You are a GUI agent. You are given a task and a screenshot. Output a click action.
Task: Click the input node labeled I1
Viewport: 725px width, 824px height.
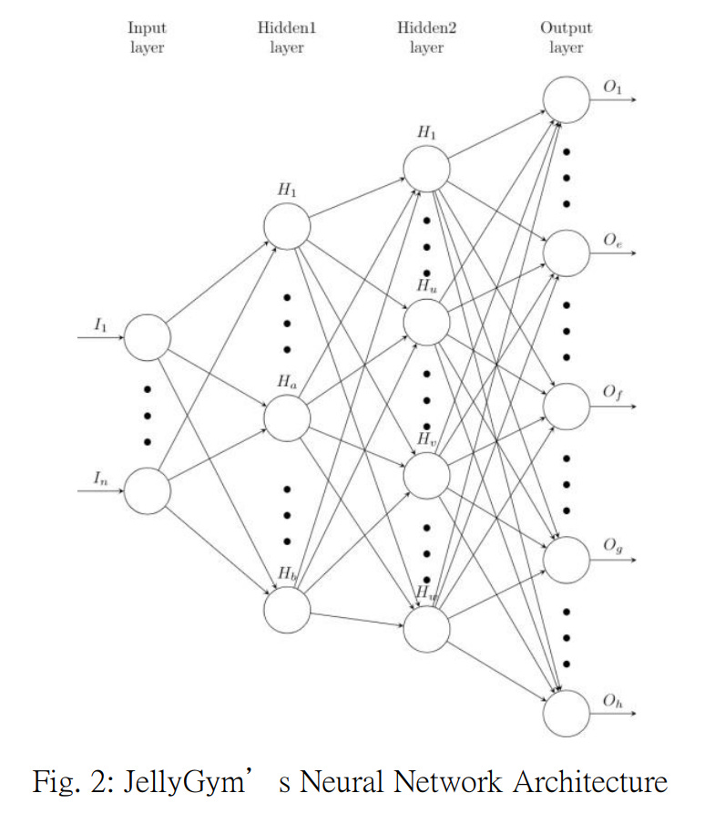(148, 337)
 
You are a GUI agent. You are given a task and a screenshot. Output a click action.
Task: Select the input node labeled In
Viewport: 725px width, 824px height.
(148, 491)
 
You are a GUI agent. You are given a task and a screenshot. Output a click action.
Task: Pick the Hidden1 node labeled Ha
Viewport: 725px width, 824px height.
(287, 417)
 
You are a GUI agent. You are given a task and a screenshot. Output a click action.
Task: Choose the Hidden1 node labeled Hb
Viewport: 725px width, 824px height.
(287, 609)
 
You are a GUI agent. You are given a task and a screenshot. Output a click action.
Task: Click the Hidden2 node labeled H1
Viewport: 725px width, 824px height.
(426, 168)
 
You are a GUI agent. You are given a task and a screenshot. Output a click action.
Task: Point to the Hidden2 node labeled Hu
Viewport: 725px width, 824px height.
(426, 320)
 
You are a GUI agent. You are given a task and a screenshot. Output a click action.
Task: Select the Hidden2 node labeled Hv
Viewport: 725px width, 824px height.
(426, 474)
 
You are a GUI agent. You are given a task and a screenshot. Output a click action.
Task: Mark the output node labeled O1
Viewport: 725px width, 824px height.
(567, 98)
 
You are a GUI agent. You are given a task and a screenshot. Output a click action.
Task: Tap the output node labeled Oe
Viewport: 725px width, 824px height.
(567, 252)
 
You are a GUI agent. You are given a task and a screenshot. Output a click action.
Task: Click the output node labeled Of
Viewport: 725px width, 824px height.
(567, 407)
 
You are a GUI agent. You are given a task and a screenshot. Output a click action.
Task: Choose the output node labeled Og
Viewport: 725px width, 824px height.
(567, 559)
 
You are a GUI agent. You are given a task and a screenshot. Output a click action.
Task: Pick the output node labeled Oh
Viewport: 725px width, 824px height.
(567, 713)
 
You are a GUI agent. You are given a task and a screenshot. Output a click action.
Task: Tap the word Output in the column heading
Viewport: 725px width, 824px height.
(566, 28)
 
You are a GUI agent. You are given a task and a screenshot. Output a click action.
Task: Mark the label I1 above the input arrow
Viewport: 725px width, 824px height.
(100, 324)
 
